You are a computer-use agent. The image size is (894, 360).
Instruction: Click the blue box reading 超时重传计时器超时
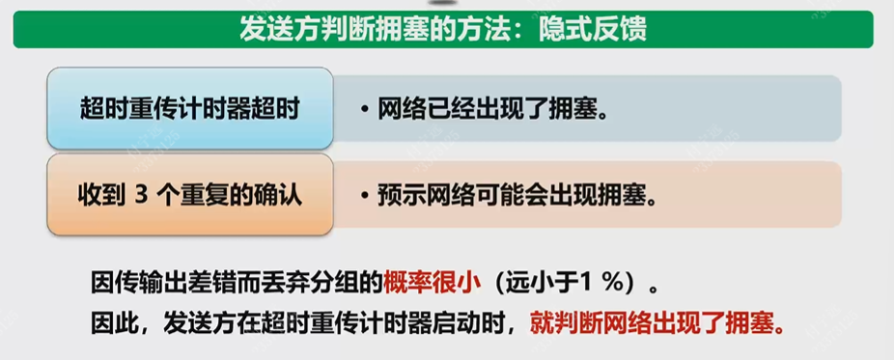tap(190, 108)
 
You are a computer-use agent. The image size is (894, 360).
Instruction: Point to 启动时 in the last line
tap(474, 321)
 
